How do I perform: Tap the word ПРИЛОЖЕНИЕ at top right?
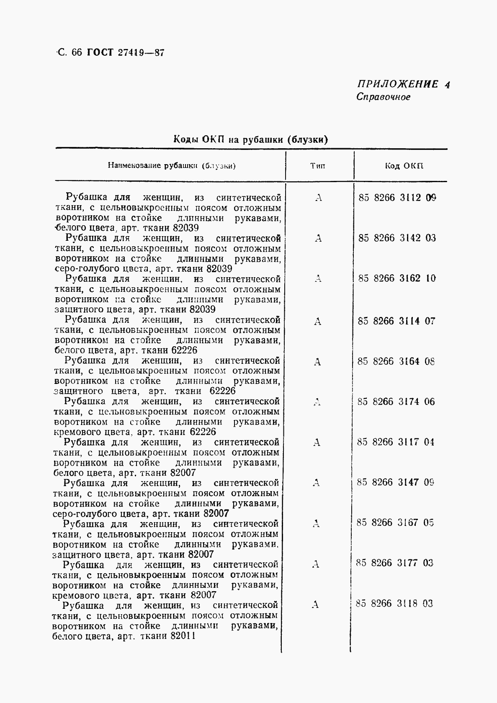point(397,84)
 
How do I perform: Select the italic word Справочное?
point(383,97)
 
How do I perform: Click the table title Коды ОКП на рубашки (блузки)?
point(250,139)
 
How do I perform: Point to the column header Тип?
point(318,166)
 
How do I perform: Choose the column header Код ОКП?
point(404,166)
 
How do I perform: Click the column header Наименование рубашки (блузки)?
point(172,166)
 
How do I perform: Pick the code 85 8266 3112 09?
point(397,198)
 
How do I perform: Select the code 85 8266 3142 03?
point(397,238)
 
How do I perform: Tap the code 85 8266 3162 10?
point(397,278)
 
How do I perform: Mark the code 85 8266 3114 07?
point(397,321)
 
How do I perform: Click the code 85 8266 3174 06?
point(396,402)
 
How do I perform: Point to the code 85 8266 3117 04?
point(396,442)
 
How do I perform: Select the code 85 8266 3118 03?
point(394,603)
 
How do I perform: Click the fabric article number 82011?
point(183,636)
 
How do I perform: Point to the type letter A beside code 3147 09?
point(316,483)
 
